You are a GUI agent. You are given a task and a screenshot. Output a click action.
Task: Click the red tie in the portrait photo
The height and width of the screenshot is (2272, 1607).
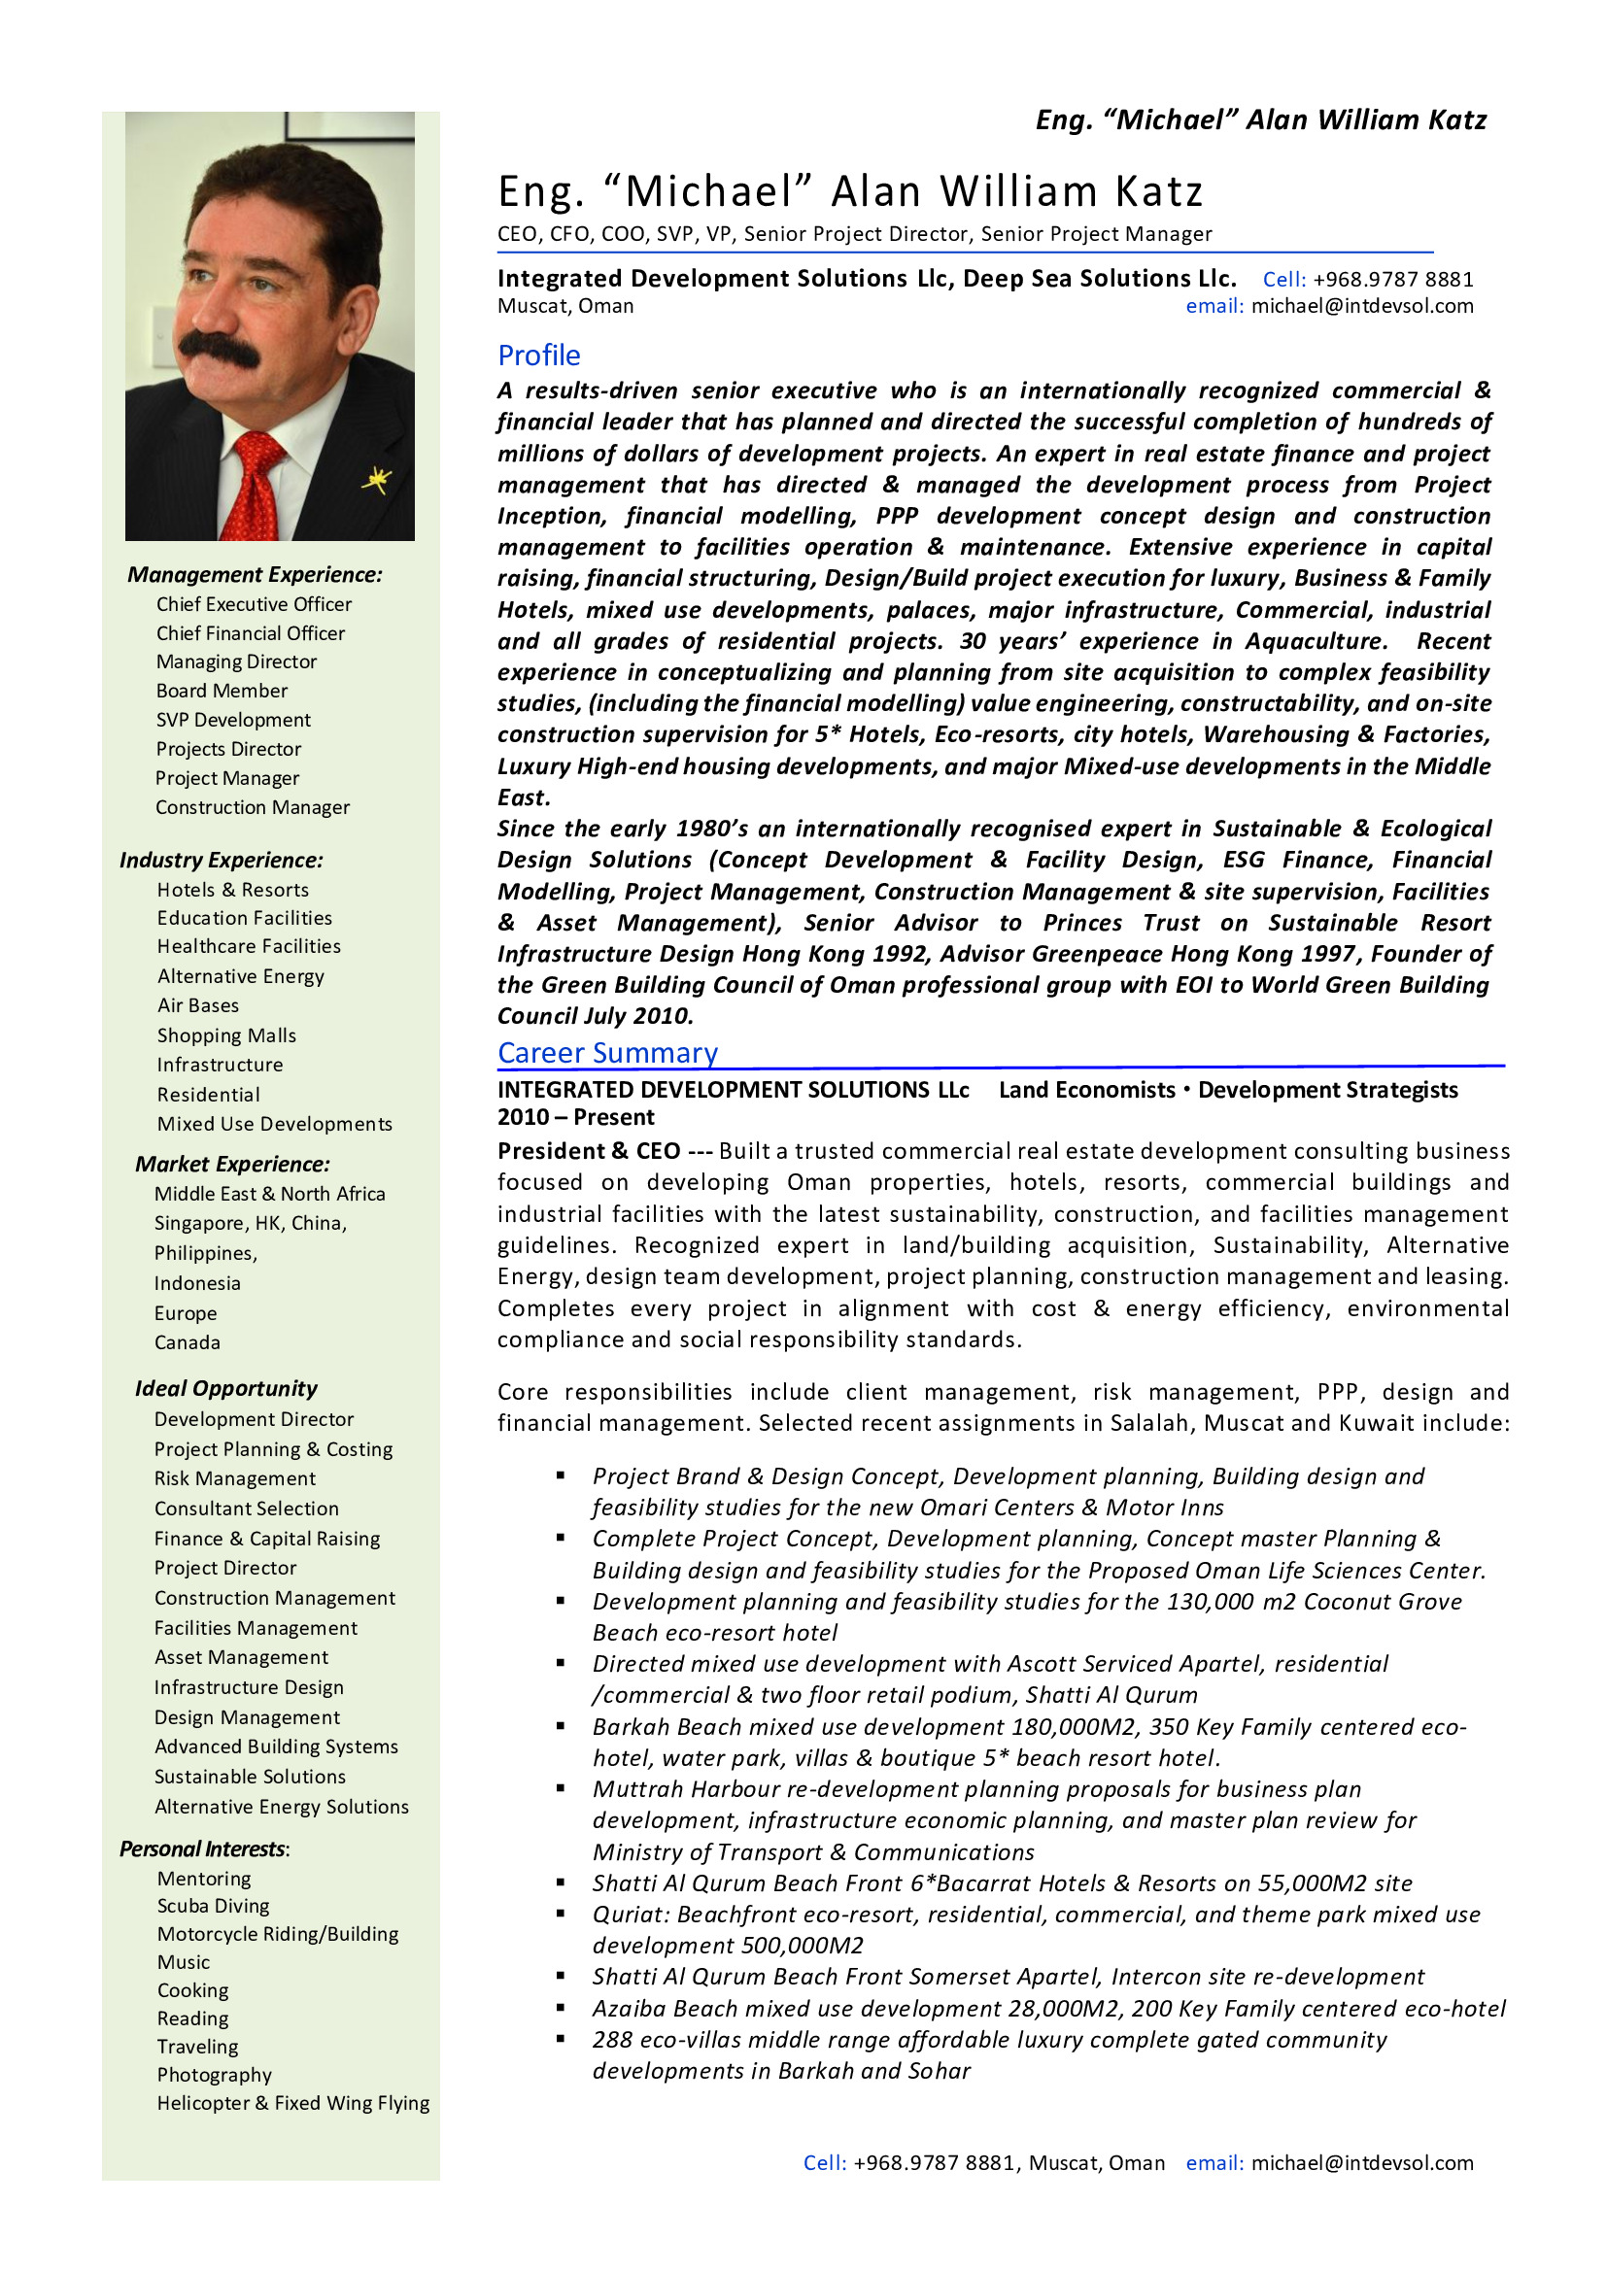click(259, 491)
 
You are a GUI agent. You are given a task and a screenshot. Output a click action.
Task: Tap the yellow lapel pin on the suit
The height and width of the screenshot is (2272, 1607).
click(376, 480)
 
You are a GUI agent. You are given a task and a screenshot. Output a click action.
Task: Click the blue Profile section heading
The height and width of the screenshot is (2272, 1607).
click(538, 356)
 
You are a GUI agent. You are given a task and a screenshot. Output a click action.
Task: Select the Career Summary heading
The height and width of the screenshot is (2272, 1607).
click(607, 1053)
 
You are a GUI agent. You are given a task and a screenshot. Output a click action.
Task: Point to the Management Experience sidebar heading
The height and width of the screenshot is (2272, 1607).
click(255, 575)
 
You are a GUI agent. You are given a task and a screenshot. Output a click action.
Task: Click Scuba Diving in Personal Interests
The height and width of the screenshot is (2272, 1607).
click(213, 1906)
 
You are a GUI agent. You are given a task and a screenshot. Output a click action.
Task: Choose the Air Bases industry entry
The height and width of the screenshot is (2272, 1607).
click(198, 1005)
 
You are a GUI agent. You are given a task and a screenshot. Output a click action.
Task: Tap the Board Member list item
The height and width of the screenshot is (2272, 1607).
click(222, 691)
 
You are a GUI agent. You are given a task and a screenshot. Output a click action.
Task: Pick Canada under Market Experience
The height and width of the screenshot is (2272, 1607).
click(187, 1342)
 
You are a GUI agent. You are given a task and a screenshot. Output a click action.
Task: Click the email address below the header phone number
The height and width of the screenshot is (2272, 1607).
click(1361, 307)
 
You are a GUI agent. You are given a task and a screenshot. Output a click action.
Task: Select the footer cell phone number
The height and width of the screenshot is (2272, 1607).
click(935, 2163)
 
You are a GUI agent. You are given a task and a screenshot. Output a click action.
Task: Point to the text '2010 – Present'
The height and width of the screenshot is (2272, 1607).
click(576, 1117)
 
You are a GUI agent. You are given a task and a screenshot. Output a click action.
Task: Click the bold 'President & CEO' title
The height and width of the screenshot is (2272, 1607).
click(589, 1151)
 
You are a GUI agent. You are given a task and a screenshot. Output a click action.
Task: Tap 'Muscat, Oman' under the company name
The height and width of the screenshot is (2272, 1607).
click(565, 307)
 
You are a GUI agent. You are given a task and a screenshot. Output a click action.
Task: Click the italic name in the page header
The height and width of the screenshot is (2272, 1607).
click(1261, 120)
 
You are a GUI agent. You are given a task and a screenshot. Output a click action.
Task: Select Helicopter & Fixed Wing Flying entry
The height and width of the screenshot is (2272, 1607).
click(292, 2103)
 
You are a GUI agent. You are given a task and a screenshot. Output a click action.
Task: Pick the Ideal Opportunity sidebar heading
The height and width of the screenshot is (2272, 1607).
click(226, 1388)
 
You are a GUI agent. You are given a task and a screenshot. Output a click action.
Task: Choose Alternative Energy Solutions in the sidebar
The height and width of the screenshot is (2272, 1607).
click(281, 1807)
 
